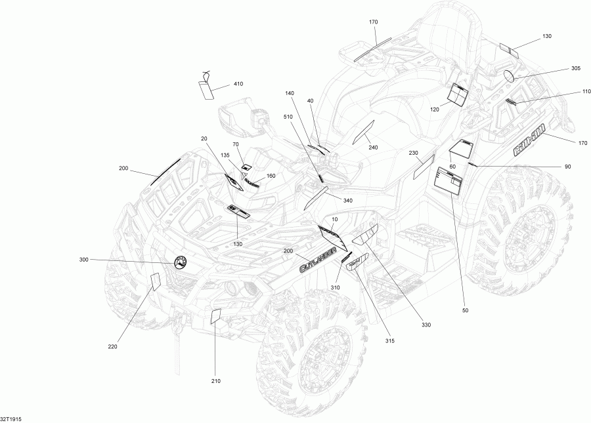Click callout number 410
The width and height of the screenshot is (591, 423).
point(238,84)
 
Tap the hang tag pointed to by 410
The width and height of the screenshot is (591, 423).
point(207,89)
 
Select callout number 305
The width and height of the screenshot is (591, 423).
point(575,68)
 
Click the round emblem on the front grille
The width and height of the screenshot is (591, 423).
point(181,262)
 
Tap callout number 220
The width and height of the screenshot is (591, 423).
point(112,347)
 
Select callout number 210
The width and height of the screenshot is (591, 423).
point(216,381)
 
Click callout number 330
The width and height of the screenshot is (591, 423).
point(426,324)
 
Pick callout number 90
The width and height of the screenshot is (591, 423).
point(567,167)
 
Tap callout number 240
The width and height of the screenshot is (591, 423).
point(373,148)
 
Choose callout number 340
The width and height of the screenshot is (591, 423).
point(348,201)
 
